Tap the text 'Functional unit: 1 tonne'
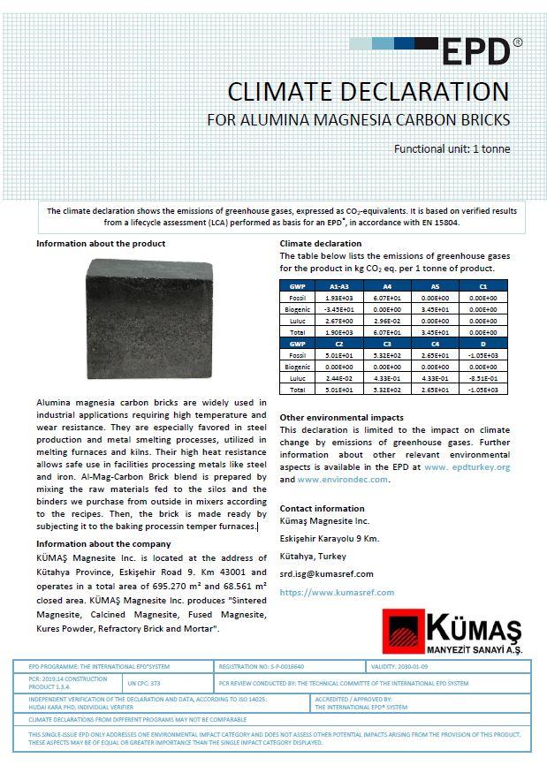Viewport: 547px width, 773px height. click(452, 148)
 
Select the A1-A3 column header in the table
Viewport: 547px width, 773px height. click(338, 286)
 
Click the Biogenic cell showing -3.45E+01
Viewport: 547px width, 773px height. click(338, 309)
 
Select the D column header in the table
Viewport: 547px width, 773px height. click(483, 343)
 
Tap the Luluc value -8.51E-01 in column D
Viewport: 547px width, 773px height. click(483, 377)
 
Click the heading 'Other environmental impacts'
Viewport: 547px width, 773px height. click(341, 417)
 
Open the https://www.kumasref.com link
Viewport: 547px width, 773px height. click(337, 592)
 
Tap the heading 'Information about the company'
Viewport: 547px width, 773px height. click(103, 543)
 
